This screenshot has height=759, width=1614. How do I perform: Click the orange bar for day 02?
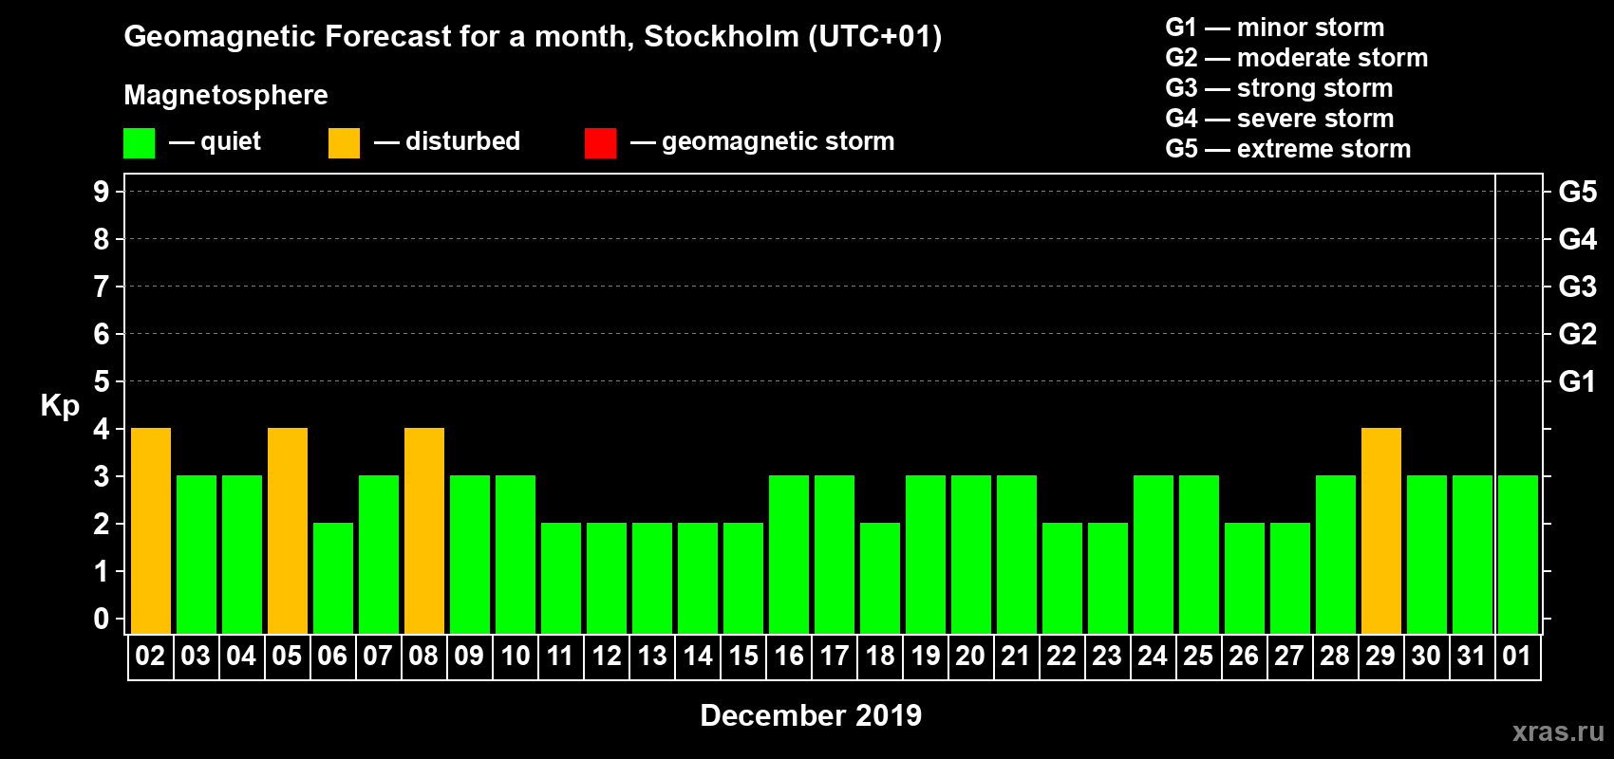pos(151,530)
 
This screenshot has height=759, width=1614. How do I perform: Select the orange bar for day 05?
pos(288,530)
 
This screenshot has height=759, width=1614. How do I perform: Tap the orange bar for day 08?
pos(424,530)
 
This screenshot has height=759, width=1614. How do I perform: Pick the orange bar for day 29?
pos(1381,530)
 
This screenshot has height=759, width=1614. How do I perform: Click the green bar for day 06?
pos(333,578)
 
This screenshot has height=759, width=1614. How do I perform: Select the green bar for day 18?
pos(880,578)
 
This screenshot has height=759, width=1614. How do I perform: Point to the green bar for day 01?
pos(1518,554)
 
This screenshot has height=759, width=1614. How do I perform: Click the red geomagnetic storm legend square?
pos(600,143)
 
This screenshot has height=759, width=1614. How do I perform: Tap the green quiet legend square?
pos(139,143)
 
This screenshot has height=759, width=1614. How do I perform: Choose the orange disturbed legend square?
pos(344,143)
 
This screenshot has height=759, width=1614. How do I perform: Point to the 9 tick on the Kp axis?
pos(102,192)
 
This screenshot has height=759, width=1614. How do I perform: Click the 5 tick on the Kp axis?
pos(102,381)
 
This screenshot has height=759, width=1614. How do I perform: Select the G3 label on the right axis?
pos(1577,287)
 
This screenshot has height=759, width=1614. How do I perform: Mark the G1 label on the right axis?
pos(1577,381)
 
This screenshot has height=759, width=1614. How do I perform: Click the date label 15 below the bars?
pos(743,656)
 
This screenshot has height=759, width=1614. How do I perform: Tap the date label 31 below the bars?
pos(1472,656)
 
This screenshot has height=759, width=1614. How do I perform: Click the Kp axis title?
pos(60,406)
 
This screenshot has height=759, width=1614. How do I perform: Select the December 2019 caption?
pos(811,715)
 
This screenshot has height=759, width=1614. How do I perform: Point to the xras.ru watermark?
pos(1558,731)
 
